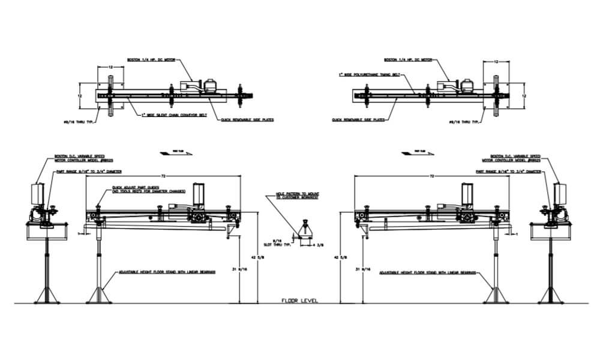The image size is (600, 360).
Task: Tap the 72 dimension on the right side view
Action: click(433, 176)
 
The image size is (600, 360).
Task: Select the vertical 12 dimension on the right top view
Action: click(524, 95)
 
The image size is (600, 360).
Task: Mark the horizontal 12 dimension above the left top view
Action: click(110, 68)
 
